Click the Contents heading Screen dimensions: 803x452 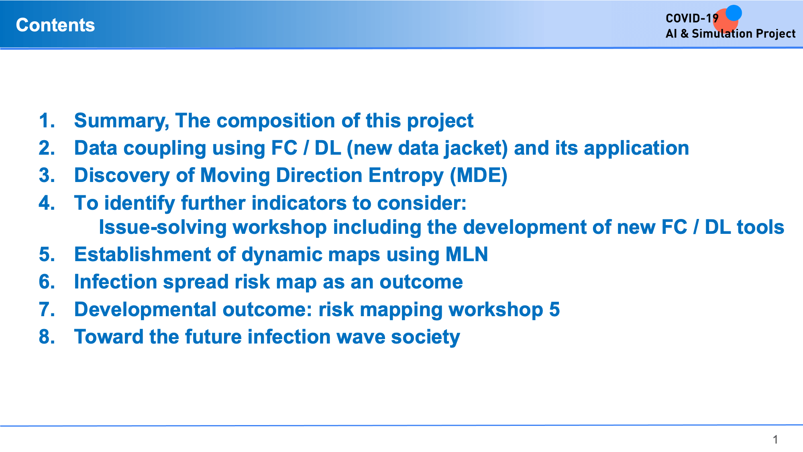[x=55, y=25]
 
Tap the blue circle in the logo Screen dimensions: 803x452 [x=734, y=13]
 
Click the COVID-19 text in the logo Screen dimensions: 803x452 [x=692, y=18]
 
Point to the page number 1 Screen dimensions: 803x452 [x=775, y=440]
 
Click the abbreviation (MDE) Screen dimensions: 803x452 [x=479, y=176]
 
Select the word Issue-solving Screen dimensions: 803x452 [x=163, y=227]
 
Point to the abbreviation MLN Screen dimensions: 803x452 [x=467, y=254]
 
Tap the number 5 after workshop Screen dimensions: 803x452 [x=554, y=309]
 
